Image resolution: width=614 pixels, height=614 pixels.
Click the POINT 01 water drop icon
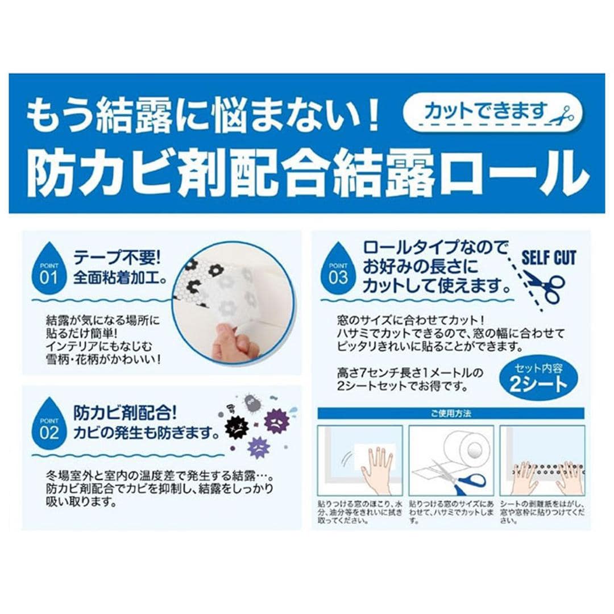click(48, 269)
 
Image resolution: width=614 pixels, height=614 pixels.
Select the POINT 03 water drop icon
click(338, 269)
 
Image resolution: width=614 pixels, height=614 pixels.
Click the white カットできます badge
click(492, 113)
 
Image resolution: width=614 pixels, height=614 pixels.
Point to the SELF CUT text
click(549, 258)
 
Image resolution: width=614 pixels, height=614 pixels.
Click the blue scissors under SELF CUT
click(545, 286)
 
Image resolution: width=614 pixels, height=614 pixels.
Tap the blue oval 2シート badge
click(538, 379)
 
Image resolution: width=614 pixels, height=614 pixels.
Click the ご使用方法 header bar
click(451, 413)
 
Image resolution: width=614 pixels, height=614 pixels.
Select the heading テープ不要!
click(117, 258)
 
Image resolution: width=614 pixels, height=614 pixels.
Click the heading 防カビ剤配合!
click(125, 413)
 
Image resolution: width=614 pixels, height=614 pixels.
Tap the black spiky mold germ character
click(237, 428)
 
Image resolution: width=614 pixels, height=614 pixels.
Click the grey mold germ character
click(251, 402)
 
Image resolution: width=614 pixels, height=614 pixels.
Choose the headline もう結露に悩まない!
click(203, 115)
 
